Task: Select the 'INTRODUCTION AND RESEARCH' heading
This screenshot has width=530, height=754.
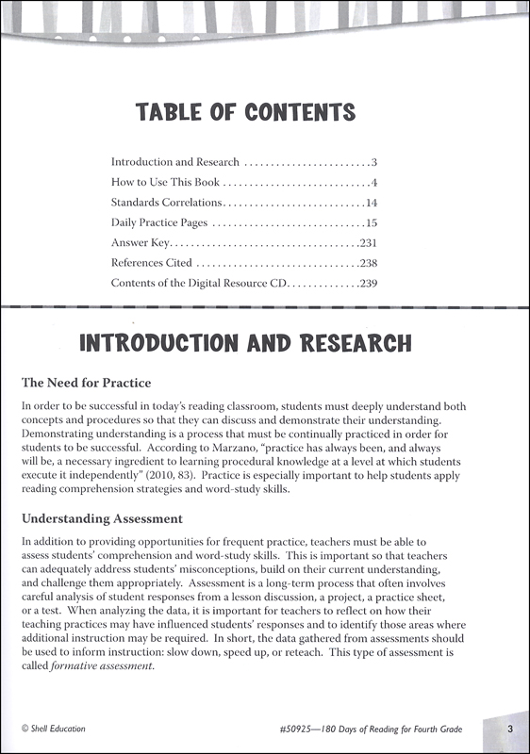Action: (x=244, y=340)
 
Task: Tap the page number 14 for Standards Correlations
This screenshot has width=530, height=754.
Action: (x=371, y=203)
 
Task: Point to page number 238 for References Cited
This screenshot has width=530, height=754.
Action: (x=368, y=263)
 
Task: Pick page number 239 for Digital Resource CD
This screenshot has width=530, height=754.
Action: (x=368, y=283)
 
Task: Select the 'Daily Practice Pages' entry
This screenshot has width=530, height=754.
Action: (x=158, y=223)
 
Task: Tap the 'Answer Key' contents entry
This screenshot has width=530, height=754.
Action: (x=139, y=243)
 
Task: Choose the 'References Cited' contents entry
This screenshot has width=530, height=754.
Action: (x=152, y=263)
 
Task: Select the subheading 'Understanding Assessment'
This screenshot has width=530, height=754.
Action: (x=101, y=518)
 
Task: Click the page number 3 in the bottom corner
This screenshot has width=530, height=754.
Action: (x=508, y=727)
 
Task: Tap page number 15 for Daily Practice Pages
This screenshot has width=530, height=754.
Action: (x=371, y=223)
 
